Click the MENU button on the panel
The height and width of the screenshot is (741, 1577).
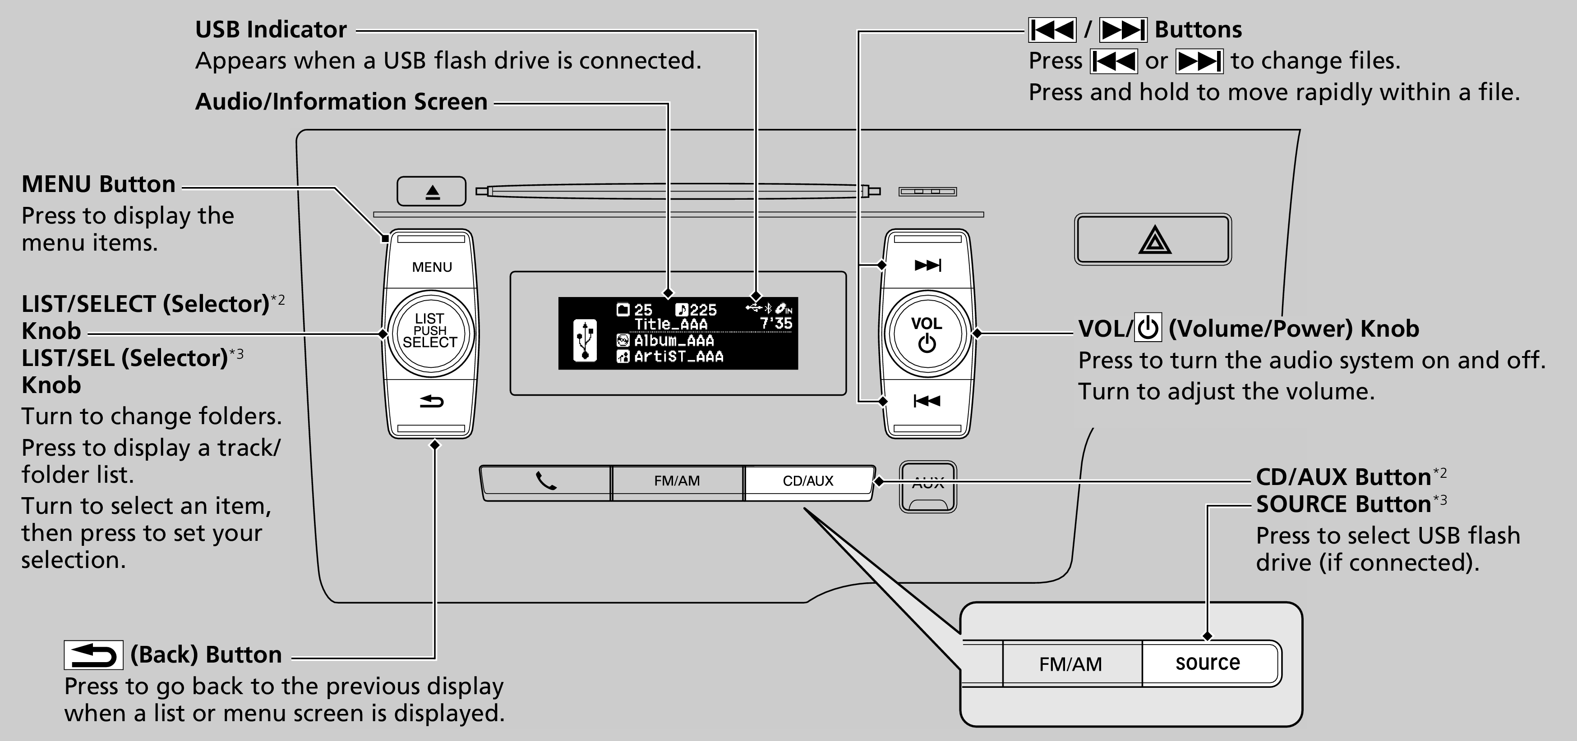[x=432, y=267]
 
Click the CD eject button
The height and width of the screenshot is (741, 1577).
[x=432, y=192]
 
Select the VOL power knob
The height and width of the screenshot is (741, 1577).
[x=927, y=334]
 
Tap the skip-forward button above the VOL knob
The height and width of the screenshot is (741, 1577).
[x=927, y=265]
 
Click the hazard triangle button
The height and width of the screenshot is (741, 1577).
[x=1153, y=239]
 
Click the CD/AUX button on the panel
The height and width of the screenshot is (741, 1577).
[x=808, y=481]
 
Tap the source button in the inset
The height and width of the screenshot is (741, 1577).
[x=1207, y=663]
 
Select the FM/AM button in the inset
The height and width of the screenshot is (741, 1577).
[x=1071, y=664]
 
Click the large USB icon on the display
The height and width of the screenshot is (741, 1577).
[x=585, y=339]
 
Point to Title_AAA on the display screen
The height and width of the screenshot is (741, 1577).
[x=670, y=325]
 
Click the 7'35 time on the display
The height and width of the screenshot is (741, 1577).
[x=776, y=323]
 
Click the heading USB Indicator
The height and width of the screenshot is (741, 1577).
[x=271, y=29]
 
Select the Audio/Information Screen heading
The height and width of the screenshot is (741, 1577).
[x=341, y=101]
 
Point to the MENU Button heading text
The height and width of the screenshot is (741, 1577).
[x=98, y=184]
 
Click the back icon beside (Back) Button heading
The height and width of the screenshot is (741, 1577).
[x=93, y=655]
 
